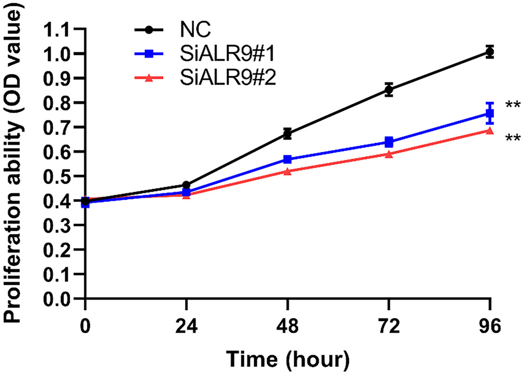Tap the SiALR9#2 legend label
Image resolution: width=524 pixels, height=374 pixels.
(x=219, y=78)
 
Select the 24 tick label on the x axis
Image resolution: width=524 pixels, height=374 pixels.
(x=186, y=326)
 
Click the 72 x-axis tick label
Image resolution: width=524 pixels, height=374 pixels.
(x=389, y=326)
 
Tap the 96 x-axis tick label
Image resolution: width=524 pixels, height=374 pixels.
(x=490, y=326)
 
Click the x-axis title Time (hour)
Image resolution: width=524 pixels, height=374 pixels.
(x=288, y=359)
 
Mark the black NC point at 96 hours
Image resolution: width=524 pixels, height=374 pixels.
(x=490, y=52)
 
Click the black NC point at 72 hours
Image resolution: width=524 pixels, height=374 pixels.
(x=389, y=90)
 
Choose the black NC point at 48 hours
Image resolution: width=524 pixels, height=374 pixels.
(x=287, y=134)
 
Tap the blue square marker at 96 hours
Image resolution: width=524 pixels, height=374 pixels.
(x=490, y=114)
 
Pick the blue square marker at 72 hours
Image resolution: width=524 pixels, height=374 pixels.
(x=389, y=142)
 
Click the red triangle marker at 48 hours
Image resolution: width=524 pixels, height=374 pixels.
(x=287, y=171)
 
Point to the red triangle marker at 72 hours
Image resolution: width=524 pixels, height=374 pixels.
(x=389, y=154)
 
